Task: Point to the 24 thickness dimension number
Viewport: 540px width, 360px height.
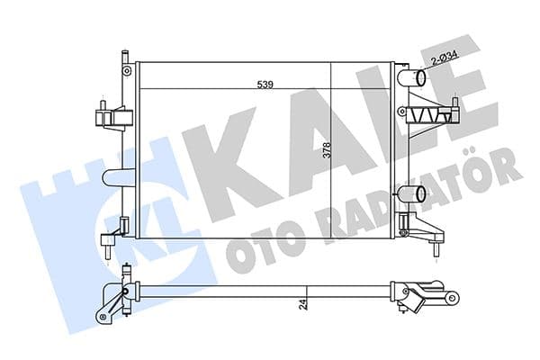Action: [x=306, y=303]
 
